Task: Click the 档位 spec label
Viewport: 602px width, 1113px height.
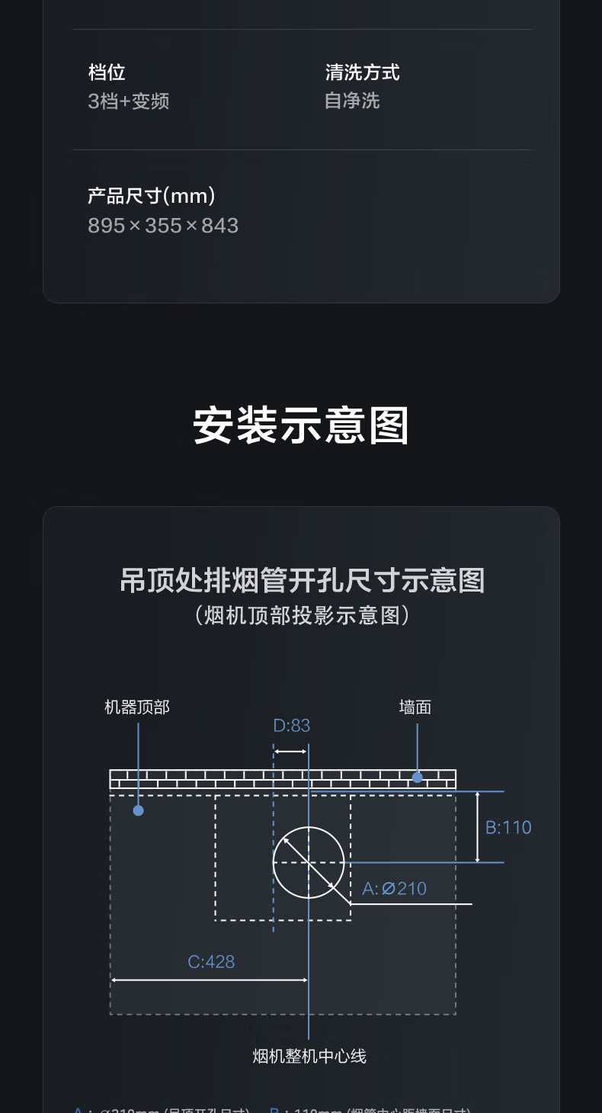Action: click(x=107, y=73)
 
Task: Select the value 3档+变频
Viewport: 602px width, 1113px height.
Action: click(x=128, y=101)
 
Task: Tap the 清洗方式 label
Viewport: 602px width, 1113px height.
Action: click(x=362, y=73)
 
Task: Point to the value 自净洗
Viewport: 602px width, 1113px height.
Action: click(x=351, y=101)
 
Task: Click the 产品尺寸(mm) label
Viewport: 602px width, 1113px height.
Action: click(x=151, y=197)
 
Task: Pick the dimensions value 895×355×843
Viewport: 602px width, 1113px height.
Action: click(x=163, y=226)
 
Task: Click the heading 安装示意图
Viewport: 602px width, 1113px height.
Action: click(x=301, y=425)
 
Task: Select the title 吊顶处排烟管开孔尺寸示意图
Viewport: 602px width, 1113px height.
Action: click(x=302, y=581)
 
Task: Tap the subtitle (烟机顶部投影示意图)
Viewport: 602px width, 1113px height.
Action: click(x=302, y=615)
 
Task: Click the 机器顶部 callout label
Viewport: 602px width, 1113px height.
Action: click(x=137, y=707)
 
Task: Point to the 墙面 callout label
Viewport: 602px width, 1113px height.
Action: click(x=415, y=707)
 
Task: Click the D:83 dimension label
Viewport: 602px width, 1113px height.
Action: click(x=292, y=726)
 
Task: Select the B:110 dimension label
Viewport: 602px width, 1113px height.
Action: click(x=508, y=827)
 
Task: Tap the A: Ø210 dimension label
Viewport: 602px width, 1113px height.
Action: click(x=394, y=888)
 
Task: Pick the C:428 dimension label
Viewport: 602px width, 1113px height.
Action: click(x=211, y=961)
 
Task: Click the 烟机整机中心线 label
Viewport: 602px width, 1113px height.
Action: click(x=309, y=1056)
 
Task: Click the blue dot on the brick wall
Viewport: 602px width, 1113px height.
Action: click(x=418, y=778)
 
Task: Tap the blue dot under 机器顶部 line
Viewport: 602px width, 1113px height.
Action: click(x=138, y=810)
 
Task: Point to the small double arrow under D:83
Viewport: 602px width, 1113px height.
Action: click(x=290, y=752)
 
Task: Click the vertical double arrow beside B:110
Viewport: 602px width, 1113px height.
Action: click(x=478, y=827)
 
